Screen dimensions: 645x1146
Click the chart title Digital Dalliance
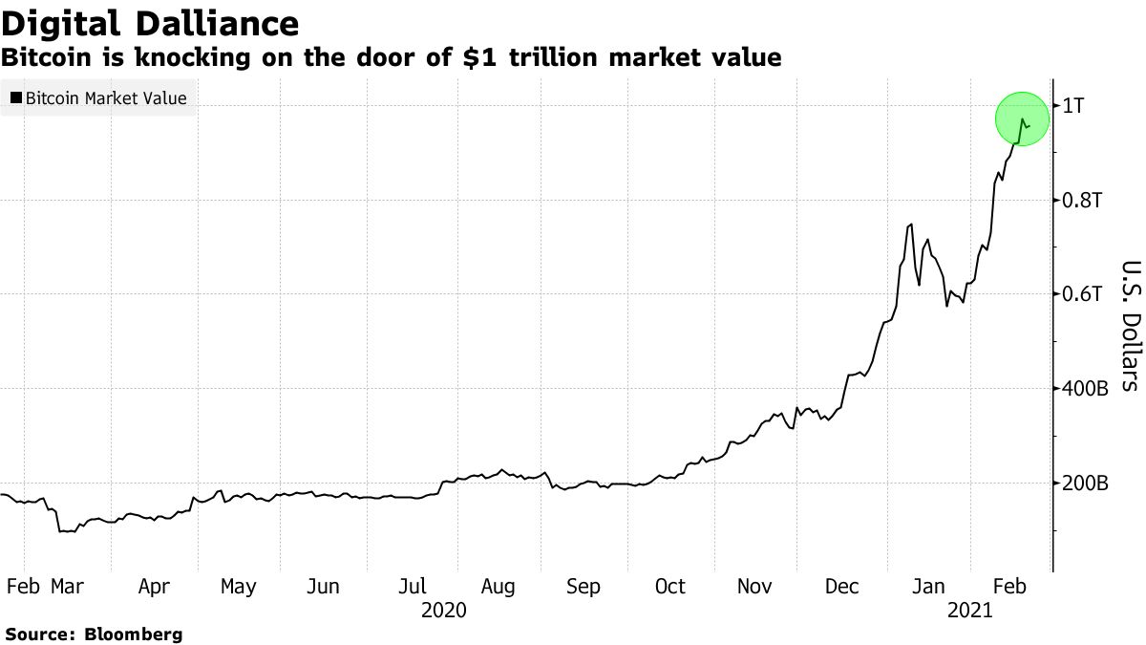coord(150,22)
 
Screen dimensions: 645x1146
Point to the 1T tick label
coord(1074,105)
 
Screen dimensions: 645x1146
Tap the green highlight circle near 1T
coord(1022,119)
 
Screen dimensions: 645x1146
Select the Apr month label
coord(154,586)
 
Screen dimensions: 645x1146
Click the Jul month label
coord(413,586)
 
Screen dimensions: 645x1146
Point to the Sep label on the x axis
coord(583,586)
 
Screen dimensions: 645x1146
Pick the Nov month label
coord(754,586)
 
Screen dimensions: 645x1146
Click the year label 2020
coord(443,610)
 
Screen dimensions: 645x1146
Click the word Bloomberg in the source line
coord(134,634)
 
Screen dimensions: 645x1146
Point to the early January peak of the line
coord(910,225)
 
